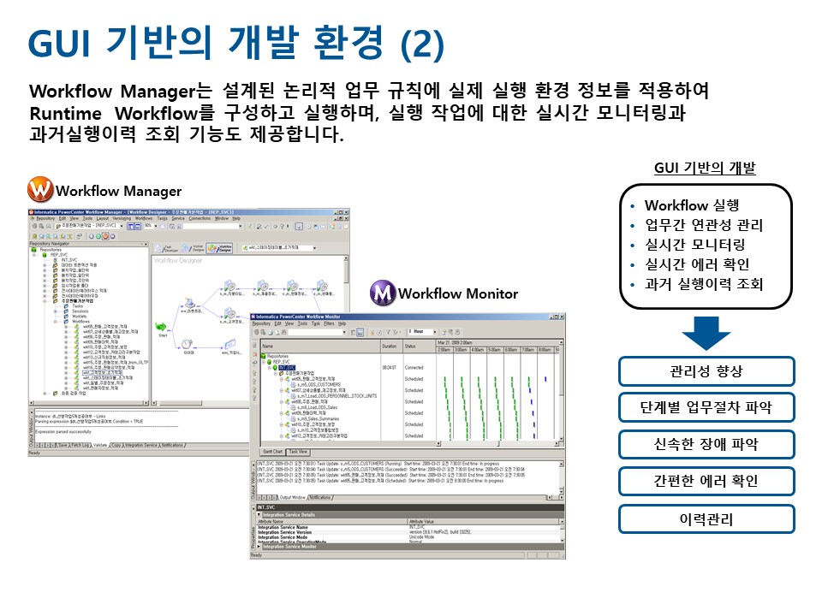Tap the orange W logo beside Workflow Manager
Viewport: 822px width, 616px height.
39,189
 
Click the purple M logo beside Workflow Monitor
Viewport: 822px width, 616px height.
382,293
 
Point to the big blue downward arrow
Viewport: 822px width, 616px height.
706,333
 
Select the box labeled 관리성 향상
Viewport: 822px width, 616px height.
706,371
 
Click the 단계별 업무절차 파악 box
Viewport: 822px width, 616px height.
706,408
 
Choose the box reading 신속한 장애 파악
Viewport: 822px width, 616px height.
706,445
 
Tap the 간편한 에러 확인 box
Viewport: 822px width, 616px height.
706,482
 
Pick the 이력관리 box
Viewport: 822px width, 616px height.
706,518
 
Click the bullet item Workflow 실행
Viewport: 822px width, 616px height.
691,205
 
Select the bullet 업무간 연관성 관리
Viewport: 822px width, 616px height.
703,225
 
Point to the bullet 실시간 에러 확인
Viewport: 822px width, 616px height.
697,264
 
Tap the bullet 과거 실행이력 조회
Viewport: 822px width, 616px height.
703,284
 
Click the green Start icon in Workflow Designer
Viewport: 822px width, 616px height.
160,326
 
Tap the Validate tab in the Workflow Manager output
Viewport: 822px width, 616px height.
98,445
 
